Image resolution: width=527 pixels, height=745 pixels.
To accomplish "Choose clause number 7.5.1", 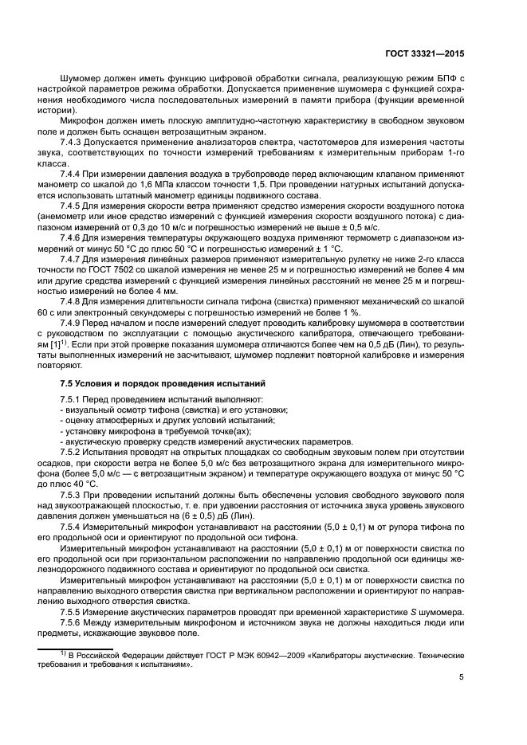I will [73, 398].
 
